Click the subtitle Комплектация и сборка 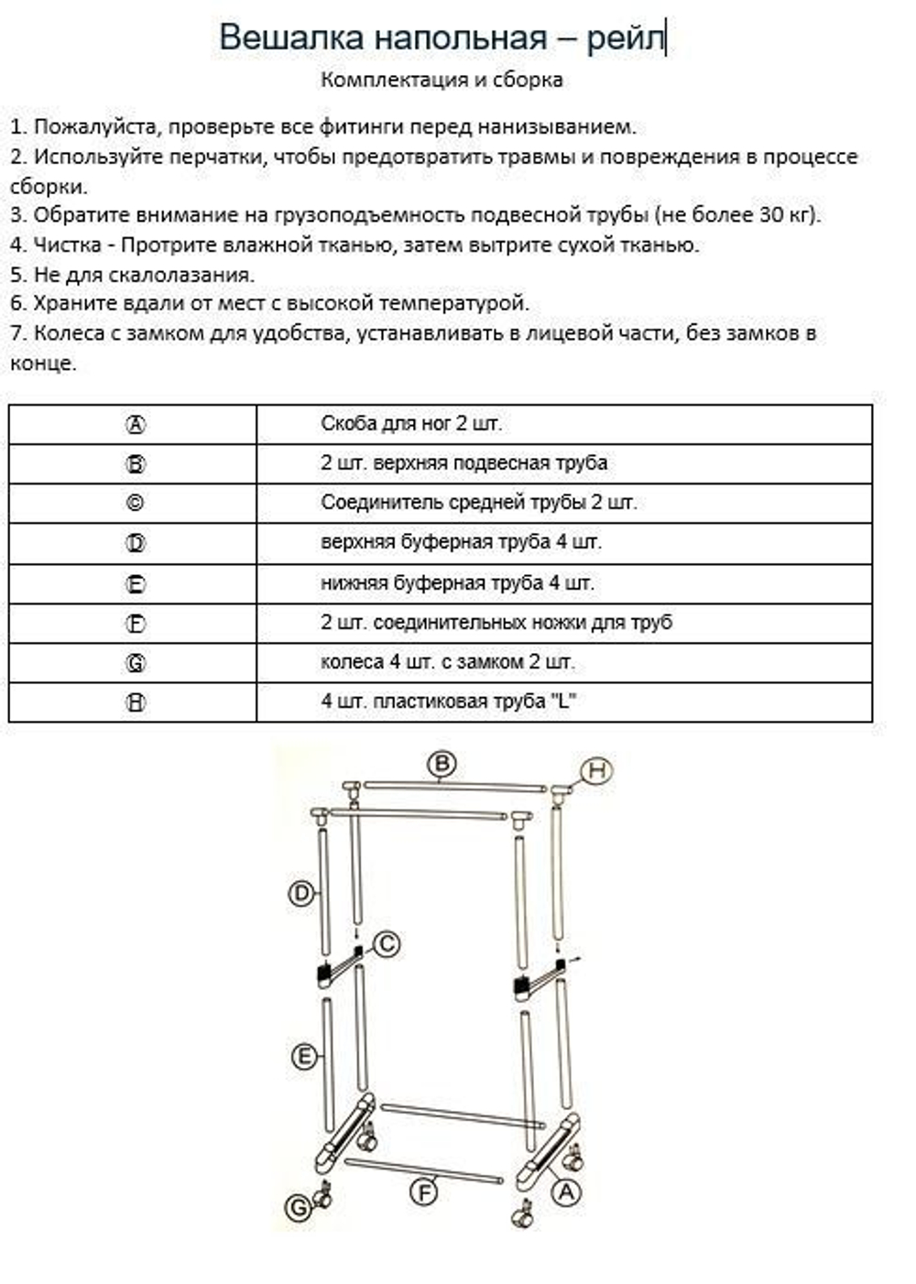click(x=442, y=80)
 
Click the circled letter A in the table click(x=135, y=425)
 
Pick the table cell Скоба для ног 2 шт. click(x=411, y=424)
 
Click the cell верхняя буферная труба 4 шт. click(x=461, y=542)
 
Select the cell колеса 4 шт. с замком click(x=447, y=662)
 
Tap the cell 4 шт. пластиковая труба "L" click(x=447, y=702)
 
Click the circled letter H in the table click(x=135, y=702)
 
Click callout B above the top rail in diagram click(x=442, y=764)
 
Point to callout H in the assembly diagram click(x=597, y=771)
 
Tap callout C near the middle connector click(x=387, y=943)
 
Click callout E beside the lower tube click(x=304, y=1057)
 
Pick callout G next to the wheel click(x=300, y=1208)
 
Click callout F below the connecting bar click(x=423, y=1192)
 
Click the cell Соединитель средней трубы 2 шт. click(x=478, y=503)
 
